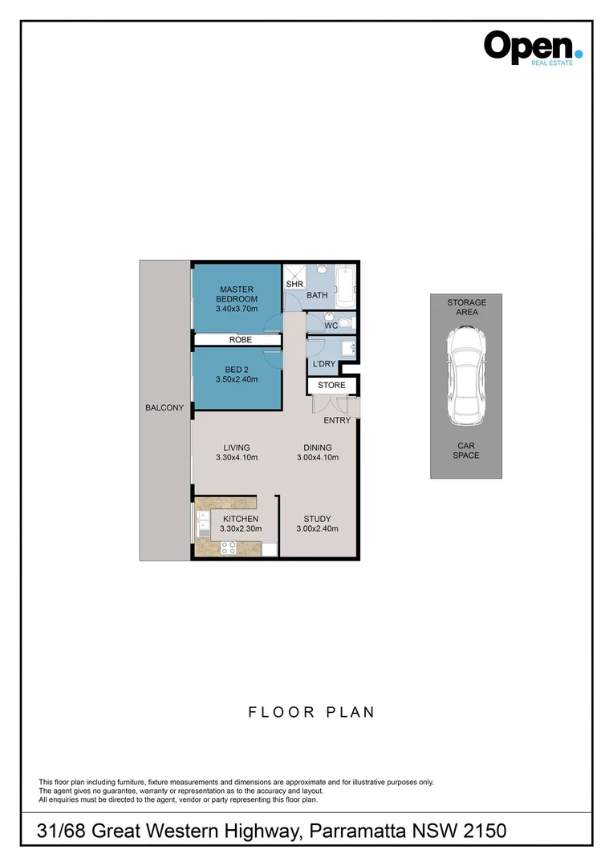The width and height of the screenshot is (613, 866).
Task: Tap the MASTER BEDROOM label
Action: tap(237, 294)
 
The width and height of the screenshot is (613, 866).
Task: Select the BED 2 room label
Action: tap(237, 374)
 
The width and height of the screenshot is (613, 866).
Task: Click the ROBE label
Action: tap(240, 340)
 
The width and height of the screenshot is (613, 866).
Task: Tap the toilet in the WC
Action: tap(344, 323)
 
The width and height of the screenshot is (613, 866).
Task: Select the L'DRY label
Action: tap(323, 365)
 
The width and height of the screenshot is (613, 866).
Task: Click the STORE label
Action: tap(331, 386)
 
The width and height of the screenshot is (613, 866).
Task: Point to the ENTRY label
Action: tap(337, 420)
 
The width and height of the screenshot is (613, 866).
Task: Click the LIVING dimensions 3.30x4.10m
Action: tap(237, 459)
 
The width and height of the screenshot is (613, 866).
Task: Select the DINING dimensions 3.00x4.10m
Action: tap(317, 459)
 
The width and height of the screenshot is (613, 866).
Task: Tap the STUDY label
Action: tap(317, 519)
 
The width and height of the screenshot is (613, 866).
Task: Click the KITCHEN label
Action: tap(240, 519)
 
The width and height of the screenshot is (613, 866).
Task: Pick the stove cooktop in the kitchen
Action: tap(229, 548)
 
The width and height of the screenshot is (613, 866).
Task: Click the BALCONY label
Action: tap(164, 408)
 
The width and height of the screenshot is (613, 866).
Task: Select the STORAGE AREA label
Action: tap(466, 307)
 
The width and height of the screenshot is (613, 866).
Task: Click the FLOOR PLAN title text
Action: tap(310, 712)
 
